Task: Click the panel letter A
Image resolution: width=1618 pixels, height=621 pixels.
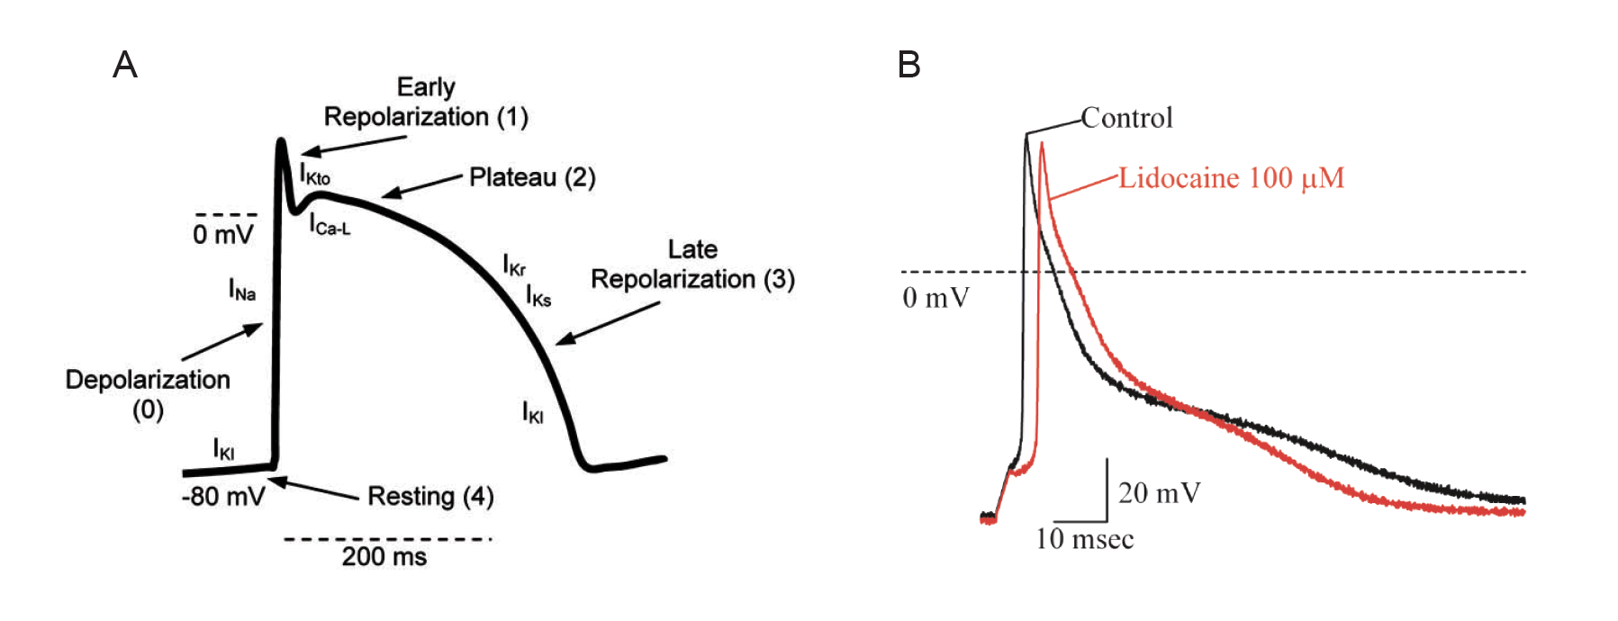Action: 124,65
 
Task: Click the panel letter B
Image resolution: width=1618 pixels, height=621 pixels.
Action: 909,65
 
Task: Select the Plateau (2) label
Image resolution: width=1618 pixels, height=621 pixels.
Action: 532,177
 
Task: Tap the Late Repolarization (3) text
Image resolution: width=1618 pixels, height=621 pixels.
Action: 692,265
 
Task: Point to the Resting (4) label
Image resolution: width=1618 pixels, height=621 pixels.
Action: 430,496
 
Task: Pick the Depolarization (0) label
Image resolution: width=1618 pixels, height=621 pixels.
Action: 148,394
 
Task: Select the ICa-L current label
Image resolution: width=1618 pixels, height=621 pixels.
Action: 330,225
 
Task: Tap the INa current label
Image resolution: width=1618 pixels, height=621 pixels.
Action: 241,290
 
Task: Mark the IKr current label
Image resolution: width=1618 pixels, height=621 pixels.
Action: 514,265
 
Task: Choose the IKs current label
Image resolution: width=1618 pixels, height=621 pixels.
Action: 538,296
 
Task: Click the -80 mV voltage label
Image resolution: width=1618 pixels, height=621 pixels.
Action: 223,497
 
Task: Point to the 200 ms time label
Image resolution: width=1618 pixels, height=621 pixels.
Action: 384,556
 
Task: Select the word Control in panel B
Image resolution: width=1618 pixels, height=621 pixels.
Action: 1126,118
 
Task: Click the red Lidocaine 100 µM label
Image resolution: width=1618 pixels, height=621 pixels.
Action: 1231,178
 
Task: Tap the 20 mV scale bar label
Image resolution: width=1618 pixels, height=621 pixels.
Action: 1160,493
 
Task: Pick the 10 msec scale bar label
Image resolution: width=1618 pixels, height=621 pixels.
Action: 1084,539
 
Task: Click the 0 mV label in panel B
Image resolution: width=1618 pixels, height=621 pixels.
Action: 936,298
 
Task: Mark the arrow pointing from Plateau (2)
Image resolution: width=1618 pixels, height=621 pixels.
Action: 421,185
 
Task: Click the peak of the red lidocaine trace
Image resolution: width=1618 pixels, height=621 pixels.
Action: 1042,144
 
